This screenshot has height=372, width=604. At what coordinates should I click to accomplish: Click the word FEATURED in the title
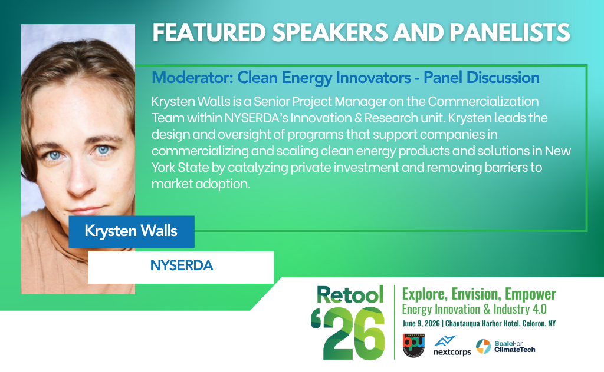pos(209,32)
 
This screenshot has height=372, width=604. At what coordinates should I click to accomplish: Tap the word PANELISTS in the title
pos(510,32)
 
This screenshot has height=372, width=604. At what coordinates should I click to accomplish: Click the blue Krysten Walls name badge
pos(132,231)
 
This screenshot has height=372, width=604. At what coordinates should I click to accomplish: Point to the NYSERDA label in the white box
pos(182,265)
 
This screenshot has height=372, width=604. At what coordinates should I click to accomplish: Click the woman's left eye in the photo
pos(103,150)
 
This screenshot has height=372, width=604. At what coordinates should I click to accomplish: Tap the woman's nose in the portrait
pos(80,181)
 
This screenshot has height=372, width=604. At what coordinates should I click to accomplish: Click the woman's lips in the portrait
pos(86,211)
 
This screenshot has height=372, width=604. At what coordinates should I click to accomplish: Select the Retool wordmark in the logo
pos(350,295)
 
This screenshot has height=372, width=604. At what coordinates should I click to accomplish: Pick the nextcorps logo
pos(452,346)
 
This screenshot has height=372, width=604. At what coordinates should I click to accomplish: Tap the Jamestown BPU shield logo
pos(413,345)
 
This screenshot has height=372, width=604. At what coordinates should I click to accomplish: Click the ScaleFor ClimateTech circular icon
pos(484,346)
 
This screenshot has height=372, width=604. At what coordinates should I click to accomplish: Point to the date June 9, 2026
pos(421,323)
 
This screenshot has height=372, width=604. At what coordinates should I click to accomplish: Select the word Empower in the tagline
pos(530,294)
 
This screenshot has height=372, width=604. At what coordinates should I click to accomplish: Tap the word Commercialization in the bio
pos(483,101)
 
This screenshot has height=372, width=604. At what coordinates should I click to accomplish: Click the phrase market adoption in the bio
pos(201,184)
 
